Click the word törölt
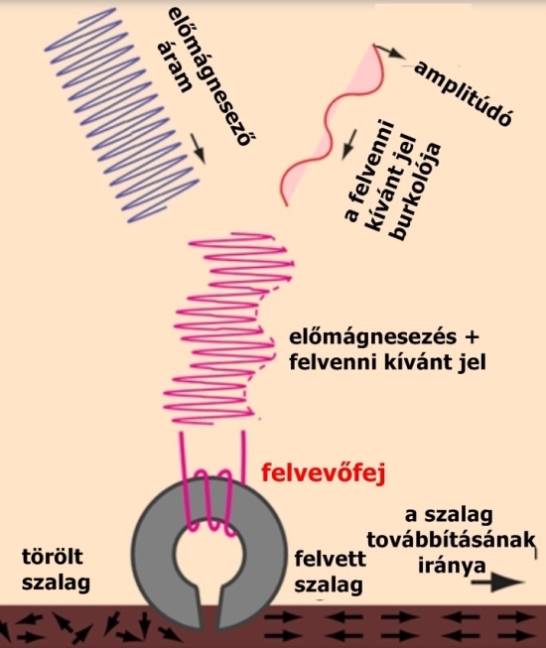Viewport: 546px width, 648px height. pyautogui.click(x=53, y=557)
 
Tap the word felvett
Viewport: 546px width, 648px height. pyautogui.click(x=330, y=559)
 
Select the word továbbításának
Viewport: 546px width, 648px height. pyautogui.click(x=451, y=541)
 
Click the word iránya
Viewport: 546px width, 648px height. pyautogui.click(x=452, y=566)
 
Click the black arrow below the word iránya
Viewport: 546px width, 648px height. pyautogui.click(x=498, y=583)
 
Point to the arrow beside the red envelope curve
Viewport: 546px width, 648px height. pyautogui.click(x=350, y=145)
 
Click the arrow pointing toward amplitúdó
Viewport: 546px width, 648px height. pyautogui.click(x=389, y=51)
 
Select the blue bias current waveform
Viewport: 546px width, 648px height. pyautogui.click(x=122, y=116)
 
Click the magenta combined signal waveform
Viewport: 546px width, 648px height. pyautogui.click(x=228, y=328)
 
